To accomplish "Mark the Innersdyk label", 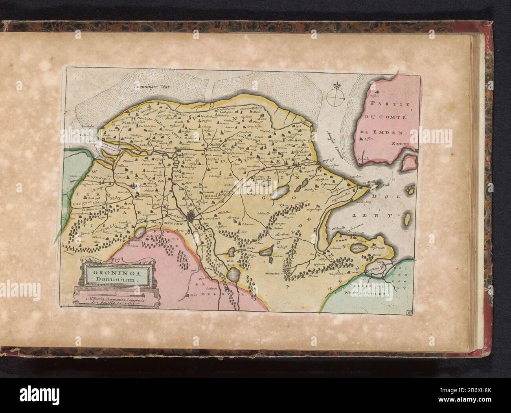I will [x=214, y=194].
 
